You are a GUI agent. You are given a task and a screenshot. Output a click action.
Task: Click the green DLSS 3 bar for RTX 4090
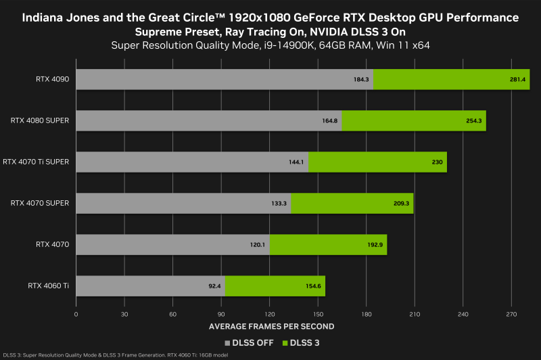[x=451, y=79]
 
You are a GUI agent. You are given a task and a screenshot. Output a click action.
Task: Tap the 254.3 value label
[x=474, y=120]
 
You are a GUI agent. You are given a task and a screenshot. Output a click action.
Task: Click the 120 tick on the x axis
[x=270, y=315]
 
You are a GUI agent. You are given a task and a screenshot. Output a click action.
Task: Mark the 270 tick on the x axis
[x=512, y=315]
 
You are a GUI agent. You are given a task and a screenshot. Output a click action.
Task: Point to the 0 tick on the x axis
[x=76, y=315]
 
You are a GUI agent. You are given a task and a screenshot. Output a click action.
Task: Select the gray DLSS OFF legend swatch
[x=228, y=343]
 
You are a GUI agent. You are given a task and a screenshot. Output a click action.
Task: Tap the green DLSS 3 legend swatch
[x=285, y=343]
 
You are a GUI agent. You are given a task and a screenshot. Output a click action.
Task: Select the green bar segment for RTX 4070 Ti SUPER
[x=377, y=162]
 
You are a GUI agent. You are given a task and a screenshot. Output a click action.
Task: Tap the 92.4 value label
[x=214, y=286]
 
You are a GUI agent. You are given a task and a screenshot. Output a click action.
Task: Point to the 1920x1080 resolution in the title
[x=257, y=17]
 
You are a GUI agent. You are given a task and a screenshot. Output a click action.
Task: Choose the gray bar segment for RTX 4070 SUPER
[x=183, y=203]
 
